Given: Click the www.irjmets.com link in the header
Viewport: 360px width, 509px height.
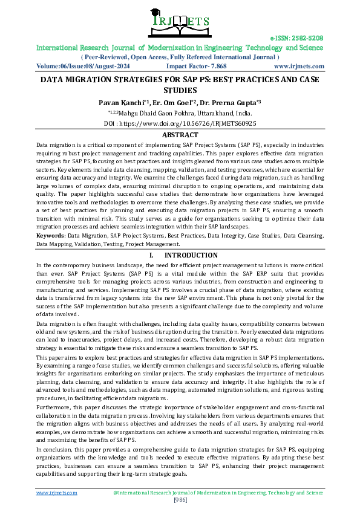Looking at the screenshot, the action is coord(299,66).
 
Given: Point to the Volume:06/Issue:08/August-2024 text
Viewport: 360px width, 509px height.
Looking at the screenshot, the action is coord(78,66).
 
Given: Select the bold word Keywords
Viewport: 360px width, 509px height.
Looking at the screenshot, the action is coord(50,251).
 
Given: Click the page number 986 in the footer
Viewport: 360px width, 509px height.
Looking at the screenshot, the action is coord(180,499).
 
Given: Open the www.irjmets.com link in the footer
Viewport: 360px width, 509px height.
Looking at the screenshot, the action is coord(57,493).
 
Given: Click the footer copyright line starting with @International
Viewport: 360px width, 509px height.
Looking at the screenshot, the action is coord(218,493).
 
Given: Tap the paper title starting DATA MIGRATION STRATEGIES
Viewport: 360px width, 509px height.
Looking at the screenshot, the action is coord(180,80).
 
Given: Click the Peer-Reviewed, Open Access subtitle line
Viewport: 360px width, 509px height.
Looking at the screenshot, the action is coord(180,57).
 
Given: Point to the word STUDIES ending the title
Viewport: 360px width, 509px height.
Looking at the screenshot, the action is coord(180,90).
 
